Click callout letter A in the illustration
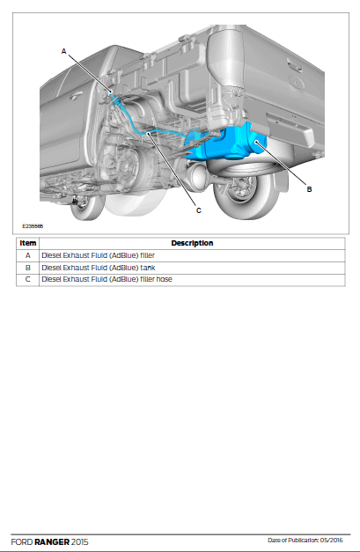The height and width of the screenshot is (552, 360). [63, 51]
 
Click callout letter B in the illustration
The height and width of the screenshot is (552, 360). [309, 189]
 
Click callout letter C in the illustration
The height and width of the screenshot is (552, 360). [198, 210]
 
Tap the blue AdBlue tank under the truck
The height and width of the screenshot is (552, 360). [225, 143]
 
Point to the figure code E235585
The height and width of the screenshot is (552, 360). [33, 226]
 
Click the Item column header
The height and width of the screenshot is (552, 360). [28, 243]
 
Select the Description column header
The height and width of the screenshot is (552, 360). [192, 243]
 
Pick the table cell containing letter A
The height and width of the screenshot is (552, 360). [28, 255]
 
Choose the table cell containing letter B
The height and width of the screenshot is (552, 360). [28, 268]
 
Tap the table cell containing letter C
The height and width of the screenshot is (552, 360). [28, 279]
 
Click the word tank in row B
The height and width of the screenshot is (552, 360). [148, 268]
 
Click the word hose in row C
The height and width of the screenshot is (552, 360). [165, 279]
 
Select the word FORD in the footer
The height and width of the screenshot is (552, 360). [22, 541]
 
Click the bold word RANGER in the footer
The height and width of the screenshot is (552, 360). [52, 541]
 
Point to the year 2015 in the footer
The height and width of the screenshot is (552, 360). [80, 541]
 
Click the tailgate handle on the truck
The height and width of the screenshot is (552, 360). [295, 65]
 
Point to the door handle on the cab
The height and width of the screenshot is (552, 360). [76, 95]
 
